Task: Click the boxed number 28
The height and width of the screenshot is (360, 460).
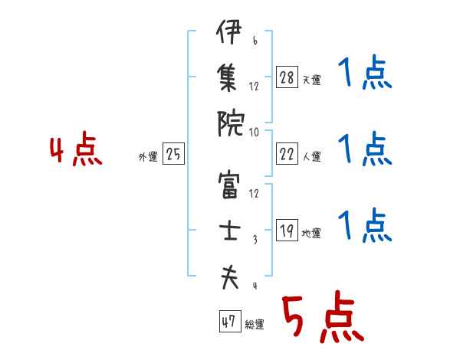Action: click(286, 77)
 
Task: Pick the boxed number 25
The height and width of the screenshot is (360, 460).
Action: click(173, 155)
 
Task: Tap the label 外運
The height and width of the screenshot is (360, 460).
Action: click(148, 157)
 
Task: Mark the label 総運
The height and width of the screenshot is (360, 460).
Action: click(254, 325)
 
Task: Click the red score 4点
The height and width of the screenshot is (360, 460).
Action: click(75, 152)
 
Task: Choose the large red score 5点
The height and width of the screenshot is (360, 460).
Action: click(321, 317)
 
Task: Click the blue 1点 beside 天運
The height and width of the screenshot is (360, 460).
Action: click(365, 75)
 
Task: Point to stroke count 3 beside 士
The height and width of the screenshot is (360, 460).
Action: click(254, 241)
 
